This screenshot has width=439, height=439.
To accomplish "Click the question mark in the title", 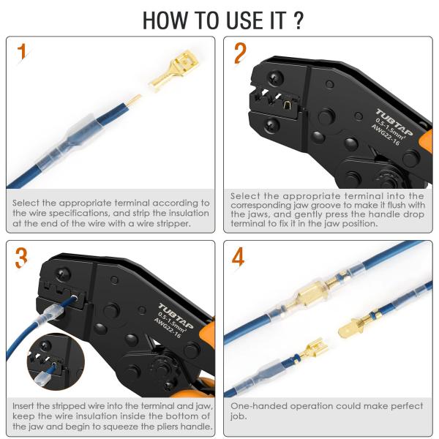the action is click(299, 20).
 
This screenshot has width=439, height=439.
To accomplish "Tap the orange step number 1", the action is click(21, 51).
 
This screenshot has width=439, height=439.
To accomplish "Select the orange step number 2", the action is click(240, 53).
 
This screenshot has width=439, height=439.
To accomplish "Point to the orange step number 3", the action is click(21, 258).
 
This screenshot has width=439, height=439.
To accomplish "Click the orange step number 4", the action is click(238, 257).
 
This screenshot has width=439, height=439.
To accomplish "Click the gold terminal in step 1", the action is click(173, 71).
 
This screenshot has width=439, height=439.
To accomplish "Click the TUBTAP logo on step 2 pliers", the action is click(394, 121).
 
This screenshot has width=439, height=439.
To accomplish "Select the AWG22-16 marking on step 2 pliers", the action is click(386, 135).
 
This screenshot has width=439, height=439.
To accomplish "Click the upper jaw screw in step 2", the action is click(275, 78).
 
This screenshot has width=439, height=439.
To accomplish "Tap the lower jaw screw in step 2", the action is click(271, 125).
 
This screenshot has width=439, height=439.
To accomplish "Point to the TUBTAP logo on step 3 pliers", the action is click(176, 315).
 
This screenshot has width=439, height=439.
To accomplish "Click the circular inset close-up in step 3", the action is click(56, 361).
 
